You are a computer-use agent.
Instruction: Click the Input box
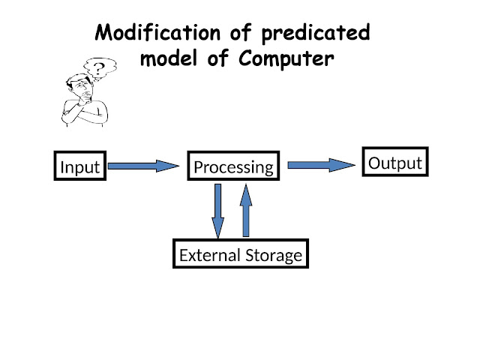tap(79, 166)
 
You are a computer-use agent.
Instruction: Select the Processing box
tap(233, 166)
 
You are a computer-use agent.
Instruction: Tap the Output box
tap(395, 163)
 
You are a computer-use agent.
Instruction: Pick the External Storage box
tap(241, 255)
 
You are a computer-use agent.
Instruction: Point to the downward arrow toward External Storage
tap(217, 209)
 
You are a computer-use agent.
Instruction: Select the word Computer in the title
tap(287, 59)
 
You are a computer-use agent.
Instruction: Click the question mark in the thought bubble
tap(97, 68)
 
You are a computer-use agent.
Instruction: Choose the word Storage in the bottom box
tap(273, 255)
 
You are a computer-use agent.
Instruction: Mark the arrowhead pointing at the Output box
tap(343, 165)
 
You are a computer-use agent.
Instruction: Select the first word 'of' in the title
tap(229, 34)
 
